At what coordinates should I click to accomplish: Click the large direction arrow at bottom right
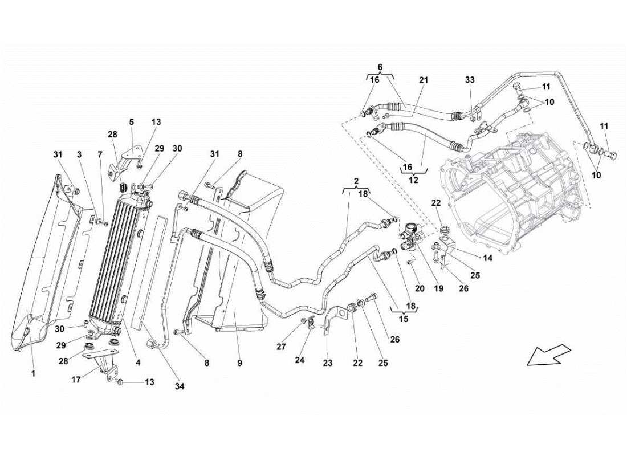click(548, 353)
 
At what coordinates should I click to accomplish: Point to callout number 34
click(180, 386)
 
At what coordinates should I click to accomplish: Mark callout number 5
click(131, 121)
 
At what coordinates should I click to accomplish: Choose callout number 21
click(422, 81)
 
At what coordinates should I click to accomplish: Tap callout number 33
click(469, 81)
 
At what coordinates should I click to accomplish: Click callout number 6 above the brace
click(380, 67)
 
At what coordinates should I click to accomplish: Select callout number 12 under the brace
click(414, 180)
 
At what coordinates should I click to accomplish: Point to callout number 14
click(488, 258)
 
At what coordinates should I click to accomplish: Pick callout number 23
click(327, 361)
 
